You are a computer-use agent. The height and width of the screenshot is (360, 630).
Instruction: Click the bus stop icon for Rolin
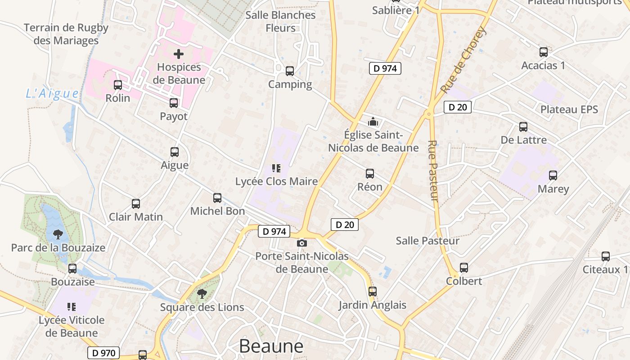tap(118, 85)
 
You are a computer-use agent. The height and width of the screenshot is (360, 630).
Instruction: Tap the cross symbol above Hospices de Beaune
tap(179, 54)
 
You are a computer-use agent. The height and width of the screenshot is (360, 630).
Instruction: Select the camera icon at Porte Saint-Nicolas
tap(302, 243)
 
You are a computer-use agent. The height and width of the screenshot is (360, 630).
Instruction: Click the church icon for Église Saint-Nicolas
tap(373, 121)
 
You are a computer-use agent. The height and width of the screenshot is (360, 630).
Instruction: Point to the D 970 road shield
tap(104, 353)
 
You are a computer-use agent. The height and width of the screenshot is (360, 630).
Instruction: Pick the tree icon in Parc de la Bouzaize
tap(58, 234)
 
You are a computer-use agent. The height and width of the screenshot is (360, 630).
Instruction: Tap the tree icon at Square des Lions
tap(202, 294)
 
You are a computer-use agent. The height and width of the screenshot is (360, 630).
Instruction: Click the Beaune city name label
tap(271, 346)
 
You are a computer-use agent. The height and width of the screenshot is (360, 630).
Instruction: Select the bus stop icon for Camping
tap(290, 71)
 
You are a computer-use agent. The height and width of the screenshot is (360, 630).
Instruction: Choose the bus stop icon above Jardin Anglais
tap(372, 291)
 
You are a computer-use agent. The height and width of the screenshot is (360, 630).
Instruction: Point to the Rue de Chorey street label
tap(464, 59)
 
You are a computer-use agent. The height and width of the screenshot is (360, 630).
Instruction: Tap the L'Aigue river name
tap(52, 94)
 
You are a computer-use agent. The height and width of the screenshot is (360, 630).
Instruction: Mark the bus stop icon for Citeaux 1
tap(606, 256)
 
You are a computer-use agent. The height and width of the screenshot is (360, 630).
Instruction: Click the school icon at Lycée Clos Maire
tap(276, 168)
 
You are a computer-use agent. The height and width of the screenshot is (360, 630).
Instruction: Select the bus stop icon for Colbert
tap(464, 268)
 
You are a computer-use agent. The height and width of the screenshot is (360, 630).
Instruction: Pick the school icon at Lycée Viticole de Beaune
tap(72, 307)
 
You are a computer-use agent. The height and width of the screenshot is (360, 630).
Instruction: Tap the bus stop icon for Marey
tap(553, 175)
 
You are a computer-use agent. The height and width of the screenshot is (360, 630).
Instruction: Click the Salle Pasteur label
tap(427, 241)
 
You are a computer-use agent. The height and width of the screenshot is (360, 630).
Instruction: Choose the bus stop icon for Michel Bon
tap(217, 198)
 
